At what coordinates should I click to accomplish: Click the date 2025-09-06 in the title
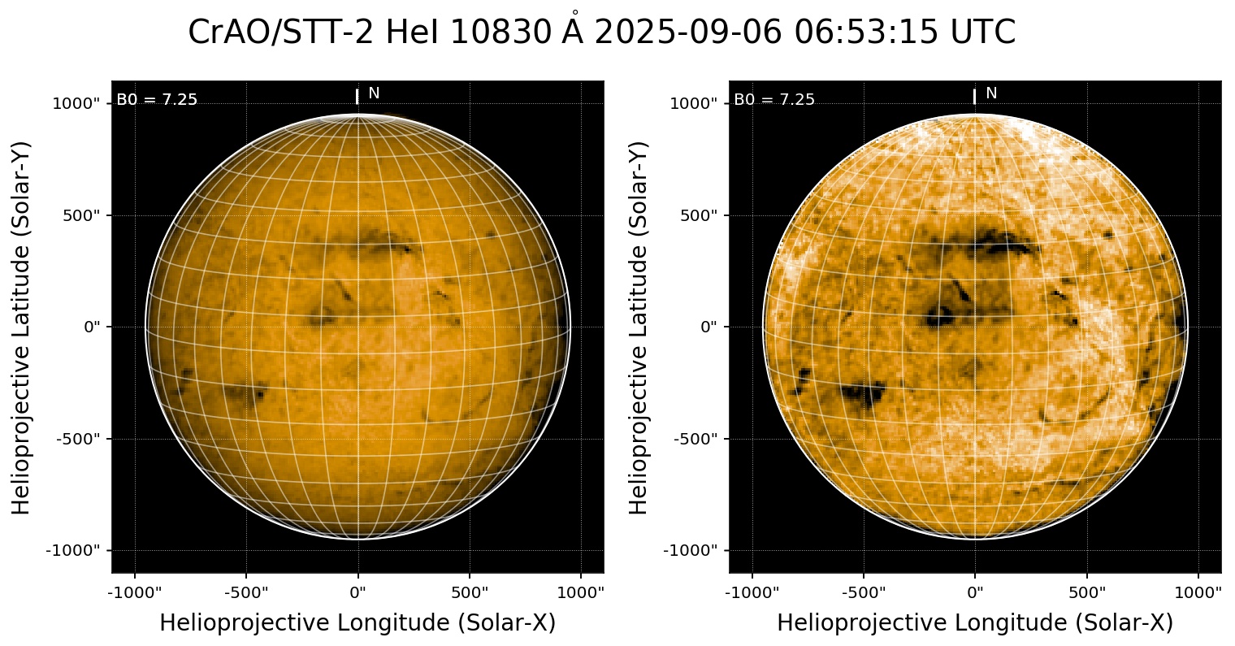pos(687,33)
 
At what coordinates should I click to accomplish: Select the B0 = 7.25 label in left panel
pos(157,100)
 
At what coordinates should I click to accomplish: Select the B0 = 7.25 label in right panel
pos(774,100)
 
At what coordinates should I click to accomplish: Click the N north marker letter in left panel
pos(374,93)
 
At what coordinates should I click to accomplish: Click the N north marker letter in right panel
pos(991,93)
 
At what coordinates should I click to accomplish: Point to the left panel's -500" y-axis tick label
pos(84,439)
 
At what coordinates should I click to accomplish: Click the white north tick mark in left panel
pos(357,97)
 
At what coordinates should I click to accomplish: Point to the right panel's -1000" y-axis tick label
pos(695,550)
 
